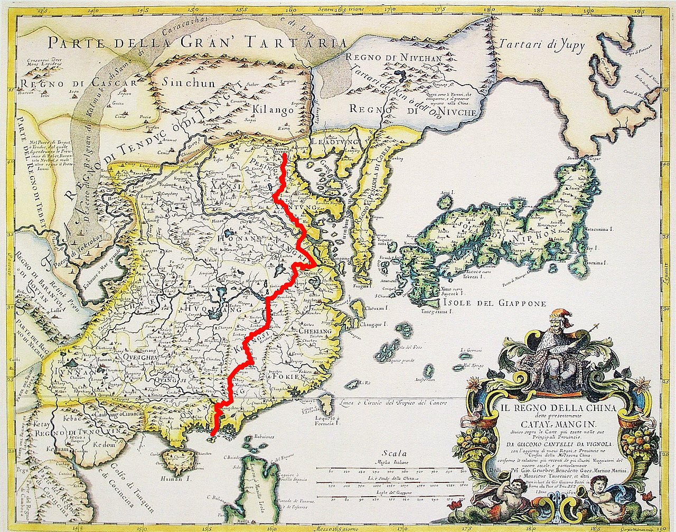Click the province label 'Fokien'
[287, 377]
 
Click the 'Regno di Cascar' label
[74, 83]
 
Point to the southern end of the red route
[212, 435]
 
